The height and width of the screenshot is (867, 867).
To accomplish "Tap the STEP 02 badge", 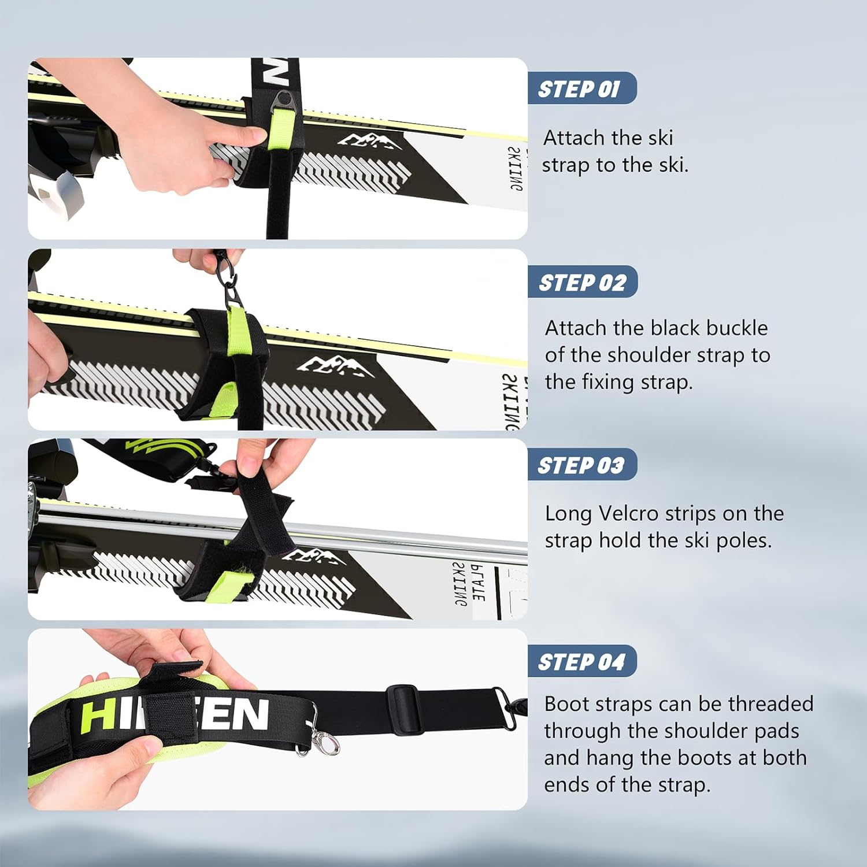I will [x=582, y=282].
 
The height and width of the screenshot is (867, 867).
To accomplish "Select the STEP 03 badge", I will [x=581, y=465].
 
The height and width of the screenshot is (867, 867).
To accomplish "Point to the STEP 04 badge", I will [x=581, y=661].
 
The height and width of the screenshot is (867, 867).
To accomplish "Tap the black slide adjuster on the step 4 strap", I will [x=401, y=701].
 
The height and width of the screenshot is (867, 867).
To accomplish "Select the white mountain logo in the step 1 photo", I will [x=370, y=140].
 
